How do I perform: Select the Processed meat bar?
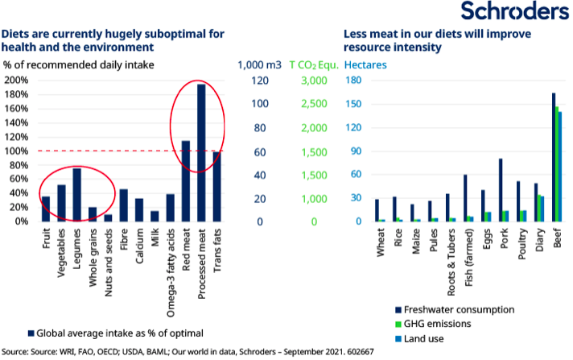(x=201, y=152)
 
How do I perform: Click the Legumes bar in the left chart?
(x=77, y=194)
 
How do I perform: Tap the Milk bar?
(x=155, y=216)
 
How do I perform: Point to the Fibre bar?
(x=124, y=205)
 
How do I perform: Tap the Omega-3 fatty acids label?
(x=171, y=262)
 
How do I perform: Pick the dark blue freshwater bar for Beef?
(x=553, y=157)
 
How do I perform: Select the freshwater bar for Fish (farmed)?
(x=464, y=198)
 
